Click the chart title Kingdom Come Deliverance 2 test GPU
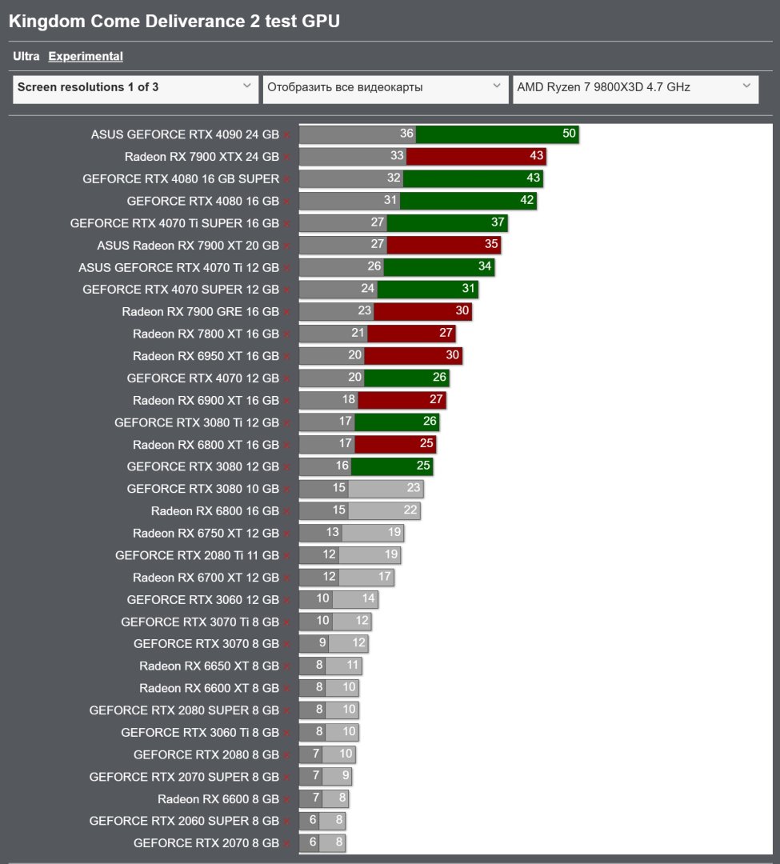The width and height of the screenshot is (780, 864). (x=174, y=22)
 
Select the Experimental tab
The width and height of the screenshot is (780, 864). (x=86, y=57)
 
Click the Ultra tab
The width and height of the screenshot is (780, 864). (x=26, y=57)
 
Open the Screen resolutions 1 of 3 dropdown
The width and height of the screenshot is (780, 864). (x=134, y=87)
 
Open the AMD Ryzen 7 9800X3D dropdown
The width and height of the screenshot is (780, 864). (x=634, y=87)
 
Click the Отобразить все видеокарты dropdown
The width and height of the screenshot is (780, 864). (x=385, y=87)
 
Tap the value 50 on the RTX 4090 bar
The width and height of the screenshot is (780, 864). (x=569, y=134)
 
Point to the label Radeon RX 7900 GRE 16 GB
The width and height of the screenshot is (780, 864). (x=200, y=312)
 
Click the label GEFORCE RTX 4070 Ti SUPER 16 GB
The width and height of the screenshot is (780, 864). (x=174, y=223)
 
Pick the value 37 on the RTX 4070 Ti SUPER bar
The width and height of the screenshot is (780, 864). (x=498, y=222)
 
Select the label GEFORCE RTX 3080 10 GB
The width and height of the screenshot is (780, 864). (x=202, y=489)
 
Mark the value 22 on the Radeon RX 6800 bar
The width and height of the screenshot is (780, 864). (x=410, y=510)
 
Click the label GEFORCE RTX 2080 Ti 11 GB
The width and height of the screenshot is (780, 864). (x=197, y=555)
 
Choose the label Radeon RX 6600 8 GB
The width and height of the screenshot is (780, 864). (x=218, y=798)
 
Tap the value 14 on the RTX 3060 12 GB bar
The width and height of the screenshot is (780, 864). (x=368, y=599)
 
